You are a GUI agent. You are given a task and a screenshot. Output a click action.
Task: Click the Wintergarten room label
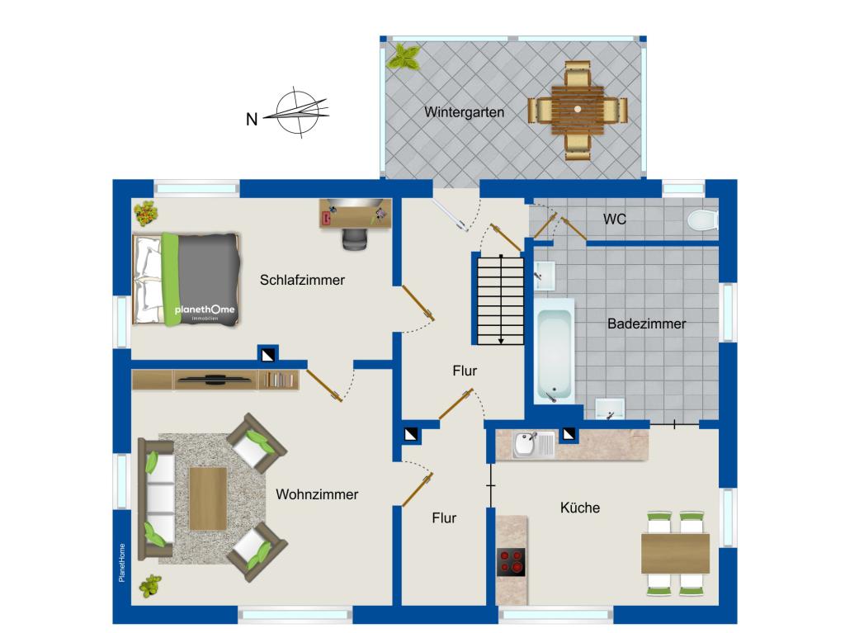click(x=464, y=112)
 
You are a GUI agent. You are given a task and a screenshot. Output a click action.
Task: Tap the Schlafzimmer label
click(x=302, y=280)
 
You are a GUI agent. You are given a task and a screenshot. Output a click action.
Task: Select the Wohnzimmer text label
click(x=317, y=494)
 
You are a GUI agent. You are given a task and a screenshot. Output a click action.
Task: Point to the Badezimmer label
click(x=647, y=324)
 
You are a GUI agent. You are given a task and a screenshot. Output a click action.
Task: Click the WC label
click(x=615, y=219)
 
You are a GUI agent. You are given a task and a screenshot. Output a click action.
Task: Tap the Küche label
click(x=580, y=508)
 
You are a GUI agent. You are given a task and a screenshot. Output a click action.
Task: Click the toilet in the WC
click(x=703, y=220)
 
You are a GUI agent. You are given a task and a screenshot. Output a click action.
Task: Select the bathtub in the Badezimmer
click(x=554, y=352)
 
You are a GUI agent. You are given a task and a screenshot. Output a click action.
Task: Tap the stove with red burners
click(x=511, y=562)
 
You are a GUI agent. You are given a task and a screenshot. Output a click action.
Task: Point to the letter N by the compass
click(x=252, y=119)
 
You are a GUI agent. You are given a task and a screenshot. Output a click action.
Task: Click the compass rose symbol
click(x=298, y=112)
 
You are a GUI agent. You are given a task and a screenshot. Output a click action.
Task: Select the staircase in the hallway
click(x=501, y=300)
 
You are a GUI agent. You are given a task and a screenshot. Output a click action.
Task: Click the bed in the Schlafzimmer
click(x=186, y=279)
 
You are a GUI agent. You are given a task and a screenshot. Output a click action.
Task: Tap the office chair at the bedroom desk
click(x=355, y=239)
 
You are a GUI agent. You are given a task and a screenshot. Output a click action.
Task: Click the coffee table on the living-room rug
click(x=208, y=498)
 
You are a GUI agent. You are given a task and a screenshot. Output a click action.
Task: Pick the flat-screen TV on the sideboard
click(x=215, y=380)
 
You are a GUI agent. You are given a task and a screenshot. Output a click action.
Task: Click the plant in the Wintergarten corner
click(x=404, y=57)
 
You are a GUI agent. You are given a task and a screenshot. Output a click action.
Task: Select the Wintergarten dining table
click(x=577, y=110)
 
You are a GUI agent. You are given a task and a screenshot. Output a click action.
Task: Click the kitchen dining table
click(x=675, y=553)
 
